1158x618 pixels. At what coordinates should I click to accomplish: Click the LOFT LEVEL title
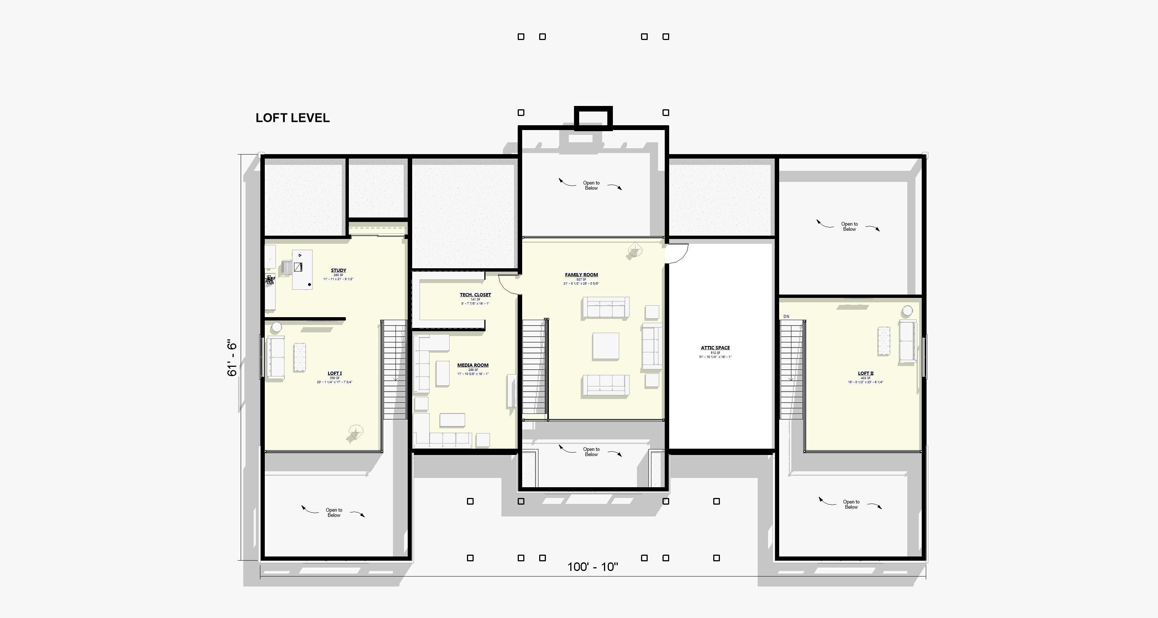(292, 118)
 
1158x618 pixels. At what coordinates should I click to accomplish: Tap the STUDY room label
(338, 271)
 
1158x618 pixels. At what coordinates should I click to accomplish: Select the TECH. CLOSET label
(475, 295)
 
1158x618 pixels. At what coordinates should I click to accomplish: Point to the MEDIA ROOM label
(473, 365)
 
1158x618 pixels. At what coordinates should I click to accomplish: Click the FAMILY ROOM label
(581, 275)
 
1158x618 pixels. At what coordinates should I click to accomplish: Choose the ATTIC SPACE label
(715, 348)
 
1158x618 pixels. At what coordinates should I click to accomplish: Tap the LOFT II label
(865, 373)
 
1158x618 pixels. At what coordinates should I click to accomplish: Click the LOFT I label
(334, 373)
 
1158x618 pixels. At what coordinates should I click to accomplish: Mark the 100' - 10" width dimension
(593, 567)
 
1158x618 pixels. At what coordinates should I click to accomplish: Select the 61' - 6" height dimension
(232, 358)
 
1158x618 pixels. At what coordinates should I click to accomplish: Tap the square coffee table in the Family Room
(605, 346)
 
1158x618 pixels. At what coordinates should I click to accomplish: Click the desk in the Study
(302, 270)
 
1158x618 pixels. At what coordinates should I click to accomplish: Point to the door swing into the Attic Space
(677, 253)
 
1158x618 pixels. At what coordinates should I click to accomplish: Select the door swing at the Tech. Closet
(509, 284)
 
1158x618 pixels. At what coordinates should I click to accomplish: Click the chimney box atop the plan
(593, 118)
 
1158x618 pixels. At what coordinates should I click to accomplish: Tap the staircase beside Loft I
(395, 369)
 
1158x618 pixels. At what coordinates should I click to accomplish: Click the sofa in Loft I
(276, 358)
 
